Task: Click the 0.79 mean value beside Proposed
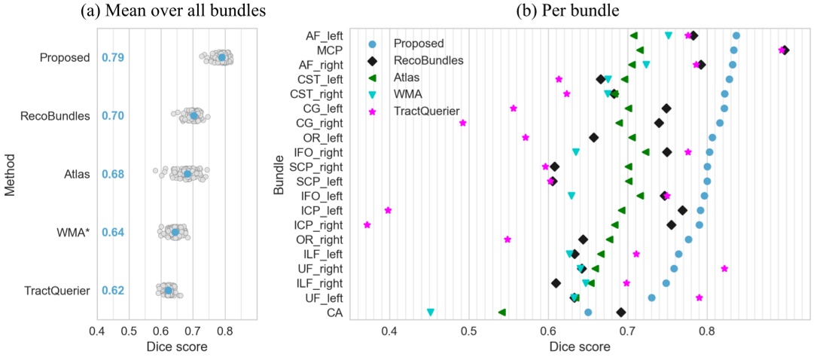coord(112,58)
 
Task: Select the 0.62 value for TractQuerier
coord(112,291)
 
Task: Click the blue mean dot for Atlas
coord(187,175)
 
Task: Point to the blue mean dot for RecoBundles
coord(194,116)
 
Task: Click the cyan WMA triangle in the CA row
coord(431,313)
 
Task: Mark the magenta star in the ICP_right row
coord(367,225)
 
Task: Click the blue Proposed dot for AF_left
coord(736,35)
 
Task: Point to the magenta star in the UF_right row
coord(724,268)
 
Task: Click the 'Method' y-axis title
coord(10,175)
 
